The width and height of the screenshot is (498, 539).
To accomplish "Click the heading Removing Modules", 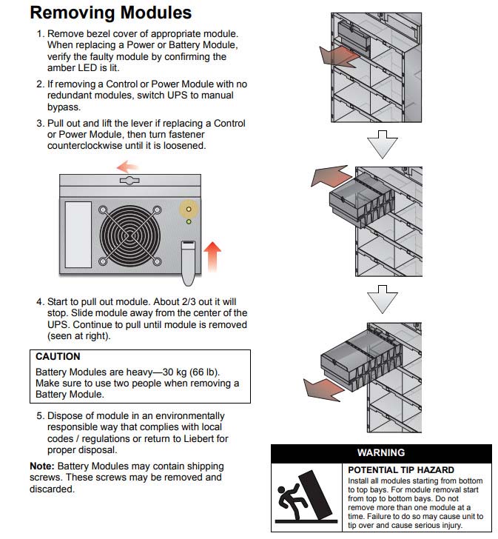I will click(110, 13).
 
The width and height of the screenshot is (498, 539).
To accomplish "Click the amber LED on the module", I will click(189, 210).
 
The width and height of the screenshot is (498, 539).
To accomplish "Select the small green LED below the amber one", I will click(189, 221).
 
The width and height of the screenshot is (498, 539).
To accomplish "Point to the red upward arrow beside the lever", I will click(212, 258).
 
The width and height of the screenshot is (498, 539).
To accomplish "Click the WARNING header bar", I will click(380, 452).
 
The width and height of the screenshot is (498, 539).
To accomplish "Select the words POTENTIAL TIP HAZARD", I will click(400, 470).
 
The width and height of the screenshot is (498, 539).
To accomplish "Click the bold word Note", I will click(41, 466).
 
